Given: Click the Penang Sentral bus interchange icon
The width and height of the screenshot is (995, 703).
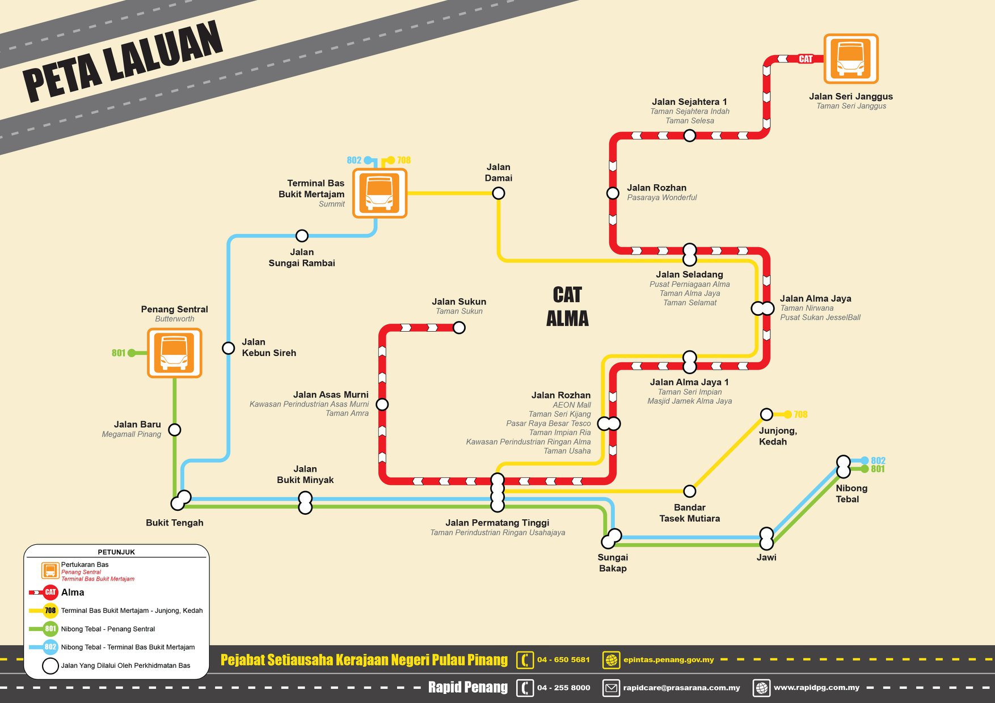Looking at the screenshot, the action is [x=175, y=353].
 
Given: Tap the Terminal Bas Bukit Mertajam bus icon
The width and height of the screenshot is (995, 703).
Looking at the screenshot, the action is [x=380, y=193].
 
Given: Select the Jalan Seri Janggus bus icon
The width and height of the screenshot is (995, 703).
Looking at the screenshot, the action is [x=851, y=58].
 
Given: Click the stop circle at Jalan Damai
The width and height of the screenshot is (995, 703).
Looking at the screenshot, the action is [x=499, y=193].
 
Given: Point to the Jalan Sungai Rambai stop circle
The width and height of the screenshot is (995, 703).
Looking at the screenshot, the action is [x=302, y=235].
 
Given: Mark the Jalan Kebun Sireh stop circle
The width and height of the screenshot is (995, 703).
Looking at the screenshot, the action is [x=228, y=348].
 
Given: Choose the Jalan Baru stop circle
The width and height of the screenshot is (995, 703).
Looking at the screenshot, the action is [x=175, y=430].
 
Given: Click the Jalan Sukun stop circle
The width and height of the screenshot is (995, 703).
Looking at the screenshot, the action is [x=459, y=328].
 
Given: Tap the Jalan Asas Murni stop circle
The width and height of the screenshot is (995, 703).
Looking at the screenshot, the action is [x=382, y=404].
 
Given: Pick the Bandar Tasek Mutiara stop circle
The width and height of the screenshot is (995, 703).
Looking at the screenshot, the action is [x=690, y=491].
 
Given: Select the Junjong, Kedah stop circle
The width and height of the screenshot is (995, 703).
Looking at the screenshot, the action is [x=766, y=414].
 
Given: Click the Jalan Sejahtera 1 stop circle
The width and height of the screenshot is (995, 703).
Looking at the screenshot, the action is [x=690, y=135].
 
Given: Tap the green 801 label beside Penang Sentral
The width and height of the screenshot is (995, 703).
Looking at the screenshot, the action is [x=119, y=353].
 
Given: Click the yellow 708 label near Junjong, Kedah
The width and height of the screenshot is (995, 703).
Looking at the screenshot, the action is [x=800, y=414].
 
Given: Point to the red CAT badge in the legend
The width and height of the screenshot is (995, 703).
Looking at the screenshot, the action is [x=50, y=592].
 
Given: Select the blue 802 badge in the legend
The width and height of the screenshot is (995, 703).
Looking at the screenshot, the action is [x=50, y=647].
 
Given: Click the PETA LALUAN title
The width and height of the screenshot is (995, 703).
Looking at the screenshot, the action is [x=123, y=61].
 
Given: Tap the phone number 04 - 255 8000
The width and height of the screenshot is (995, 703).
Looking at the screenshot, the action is [x=563, y=688].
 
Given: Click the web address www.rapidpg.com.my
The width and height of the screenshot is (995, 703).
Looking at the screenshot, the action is [x=816, y=688].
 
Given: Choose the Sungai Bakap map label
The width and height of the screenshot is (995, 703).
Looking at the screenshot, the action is [x=613, y=563].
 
